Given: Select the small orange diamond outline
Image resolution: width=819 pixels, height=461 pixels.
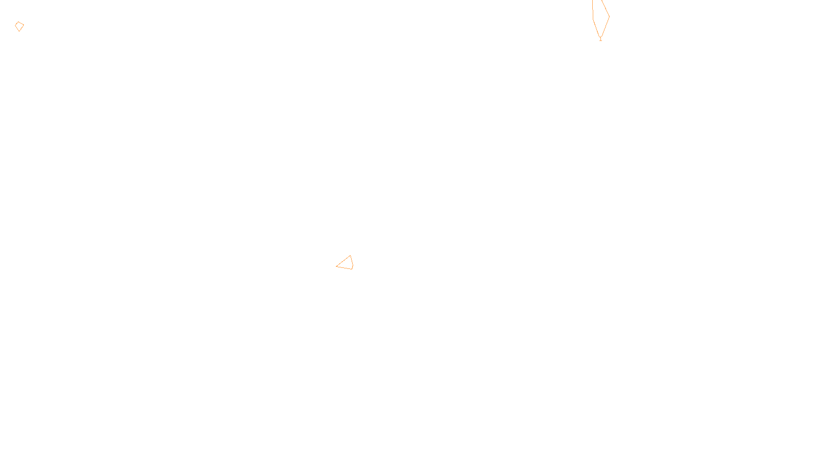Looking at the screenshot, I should tap(19, 27).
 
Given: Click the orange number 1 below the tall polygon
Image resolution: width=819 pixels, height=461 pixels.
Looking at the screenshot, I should tap(600, 39).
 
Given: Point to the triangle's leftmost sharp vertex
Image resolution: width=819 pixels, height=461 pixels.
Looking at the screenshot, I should tap(336, 266).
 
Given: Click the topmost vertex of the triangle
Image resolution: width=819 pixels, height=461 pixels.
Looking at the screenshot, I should tap(351, 256).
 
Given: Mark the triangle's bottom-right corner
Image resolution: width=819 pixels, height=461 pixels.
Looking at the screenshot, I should tap(352, 269).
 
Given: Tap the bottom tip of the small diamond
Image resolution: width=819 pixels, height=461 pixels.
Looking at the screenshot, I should tap(19, 31).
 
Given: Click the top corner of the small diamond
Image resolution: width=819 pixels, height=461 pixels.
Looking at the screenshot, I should tap(19, 22).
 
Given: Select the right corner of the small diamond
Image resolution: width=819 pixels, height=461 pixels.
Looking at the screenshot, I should tap(24, 26).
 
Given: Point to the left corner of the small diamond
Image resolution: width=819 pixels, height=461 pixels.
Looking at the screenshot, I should tap(15, 25).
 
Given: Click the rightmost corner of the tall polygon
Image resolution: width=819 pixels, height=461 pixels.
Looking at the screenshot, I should tap(609, 16).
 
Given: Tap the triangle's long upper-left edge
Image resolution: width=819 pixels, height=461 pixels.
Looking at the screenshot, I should tap(343, 261).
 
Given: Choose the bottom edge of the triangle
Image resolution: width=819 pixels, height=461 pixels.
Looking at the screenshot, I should tap(344, 267).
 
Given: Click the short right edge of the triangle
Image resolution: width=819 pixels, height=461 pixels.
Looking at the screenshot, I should tap(352, 262).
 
